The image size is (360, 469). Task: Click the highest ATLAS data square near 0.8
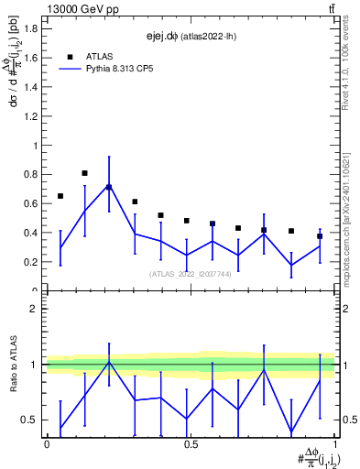[84, 173]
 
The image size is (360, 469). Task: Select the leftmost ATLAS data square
[60, 196]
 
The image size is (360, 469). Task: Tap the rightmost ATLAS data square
[320, 236]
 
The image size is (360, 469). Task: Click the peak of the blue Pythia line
[109, 186]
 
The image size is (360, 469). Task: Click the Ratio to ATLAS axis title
[14, 365]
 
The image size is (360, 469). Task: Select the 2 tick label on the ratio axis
[34, 309]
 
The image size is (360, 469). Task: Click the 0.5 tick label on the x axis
[191, 444]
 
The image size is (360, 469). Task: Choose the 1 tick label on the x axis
[335, 444]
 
